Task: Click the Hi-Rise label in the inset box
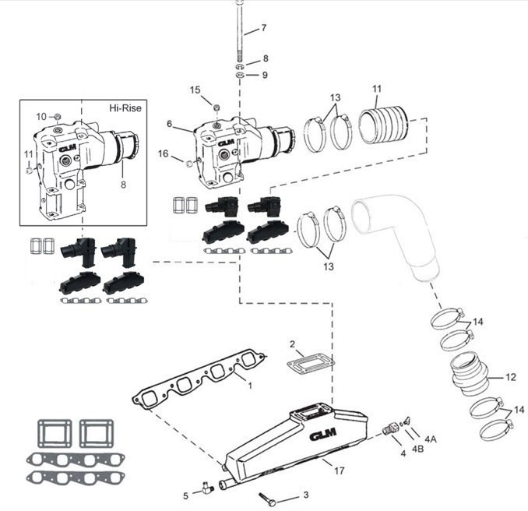[125, 108]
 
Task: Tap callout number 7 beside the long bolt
[264, 28]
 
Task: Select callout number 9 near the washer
[265, 75]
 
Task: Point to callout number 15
[195, 90]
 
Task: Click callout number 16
[164, 153]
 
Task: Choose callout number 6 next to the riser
[169, 124]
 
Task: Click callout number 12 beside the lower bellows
[511, 377]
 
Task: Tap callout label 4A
[431, 439]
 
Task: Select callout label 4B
[418, 449]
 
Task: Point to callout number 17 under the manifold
[340, 470]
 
